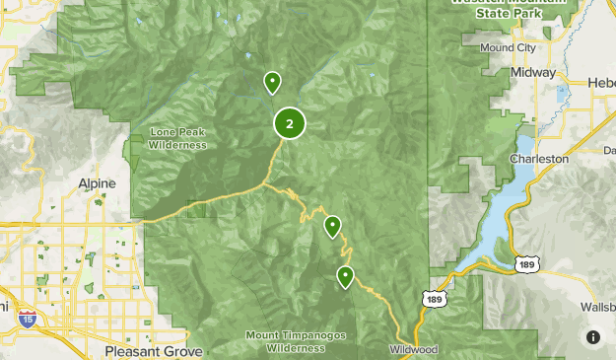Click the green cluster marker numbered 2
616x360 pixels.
coord(289,124)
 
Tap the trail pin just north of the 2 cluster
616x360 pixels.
coord(272,82)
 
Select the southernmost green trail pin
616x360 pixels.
coord(345,276)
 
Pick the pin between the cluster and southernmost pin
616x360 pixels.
coord(333,228)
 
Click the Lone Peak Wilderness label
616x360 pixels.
coord(178,139)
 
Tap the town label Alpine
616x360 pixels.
coord(97,183)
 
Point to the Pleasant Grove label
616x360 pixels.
coord(154,351)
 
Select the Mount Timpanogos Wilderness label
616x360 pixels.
coord(296,341)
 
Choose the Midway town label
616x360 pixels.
coord(532,73)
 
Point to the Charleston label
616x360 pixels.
coord(539,158)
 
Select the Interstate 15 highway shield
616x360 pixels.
coord(29,318)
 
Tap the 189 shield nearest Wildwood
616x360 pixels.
coord(434,298)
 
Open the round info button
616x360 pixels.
coord(593,337)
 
